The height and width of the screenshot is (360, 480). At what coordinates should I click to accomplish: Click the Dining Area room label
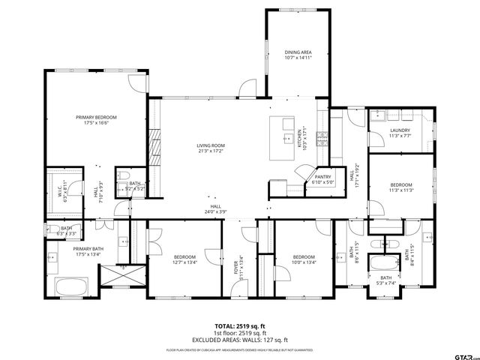[x=298, y=55]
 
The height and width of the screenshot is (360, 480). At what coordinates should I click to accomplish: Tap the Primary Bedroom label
[x=96, y=121]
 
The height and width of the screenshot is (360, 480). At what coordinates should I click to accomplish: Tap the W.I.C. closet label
[x=64, y=192]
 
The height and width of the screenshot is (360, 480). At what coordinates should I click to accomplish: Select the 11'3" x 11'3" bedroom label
[x=400, y=187]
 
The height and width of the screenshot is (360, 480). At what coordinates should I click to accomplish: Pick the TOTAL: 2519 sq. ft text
[x=240, y=326]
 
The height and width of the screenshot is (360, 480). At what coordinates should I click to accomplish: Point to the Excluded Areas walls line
[x=240, y=339]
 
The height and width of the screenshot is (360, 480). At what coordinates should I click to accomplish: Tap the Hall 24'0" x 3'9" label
[x=215, y=209]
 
